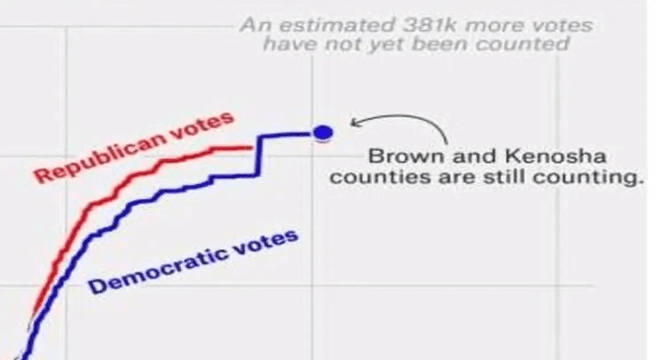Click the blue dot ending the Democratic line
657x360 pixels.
323,133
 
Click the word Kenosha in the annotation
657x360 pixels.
555,156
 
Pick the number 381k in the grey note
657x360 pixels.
429,25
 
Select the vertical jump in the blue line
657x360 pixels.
258,155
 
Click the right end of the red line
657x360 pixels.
252,148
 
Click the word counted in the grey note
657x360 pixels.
522,44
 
